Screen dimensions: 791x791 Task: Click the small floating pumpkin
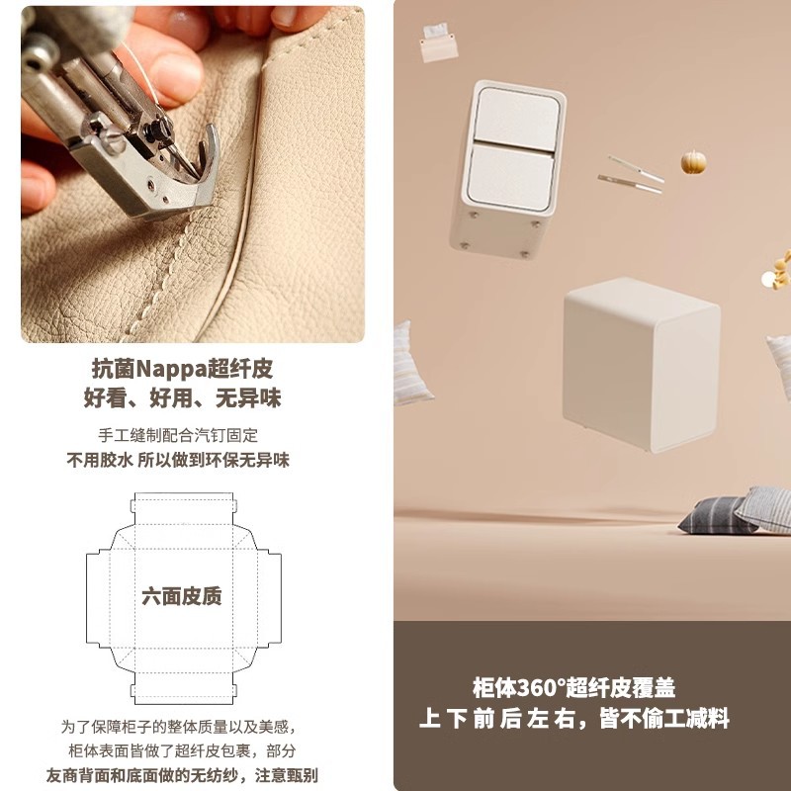[692, 162]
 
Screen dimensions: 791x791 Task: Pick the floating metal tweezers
[631, 174]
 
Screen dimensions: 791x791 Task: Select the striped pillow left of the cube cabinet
[411, 364]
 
